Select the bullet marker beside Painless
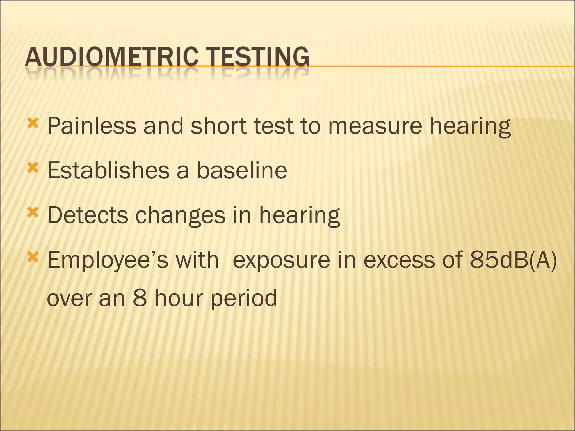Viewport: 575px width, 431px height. click(33, 123)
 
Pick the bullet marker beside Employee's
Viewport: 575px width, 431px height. click(33, 257)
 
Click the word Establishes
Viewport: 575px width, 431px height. click(108, 170)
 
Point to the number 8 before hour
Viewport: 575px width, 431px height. click(140, 298)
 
